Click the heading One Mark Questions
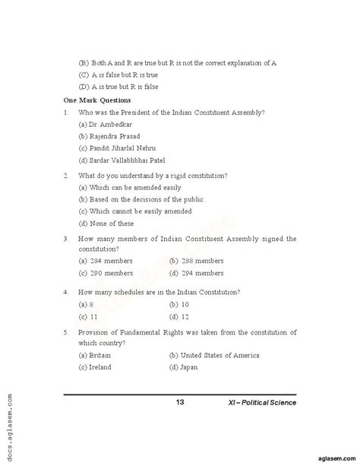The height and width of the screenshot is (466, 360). point(97,100)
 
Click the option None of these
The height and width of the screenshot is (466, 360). point(106,223)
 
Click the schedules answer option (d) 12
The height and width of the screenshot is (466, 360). point(179,315)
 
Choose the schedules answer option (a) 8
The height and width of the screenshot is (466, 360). point(86,303)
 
